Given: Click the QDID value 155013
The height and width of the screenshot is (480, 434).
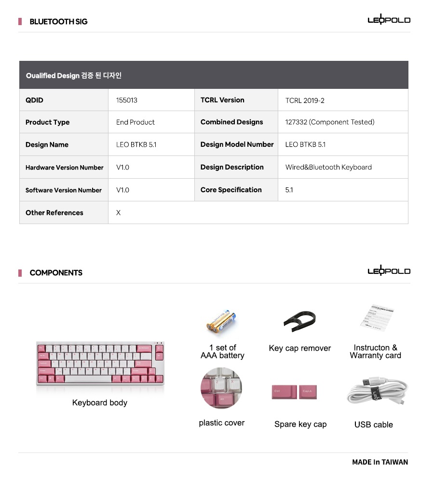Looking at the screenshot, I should [127, 100].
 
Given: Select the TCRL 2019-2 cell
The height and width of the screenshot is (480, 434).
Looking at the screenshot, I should [305, 100].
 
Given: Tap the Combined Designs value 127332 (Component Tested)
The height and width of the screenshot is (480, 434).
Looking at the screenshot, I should [329, 122].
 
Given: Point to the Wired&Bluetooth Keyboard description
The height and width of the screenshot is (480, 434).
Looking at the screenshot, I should [328, 167].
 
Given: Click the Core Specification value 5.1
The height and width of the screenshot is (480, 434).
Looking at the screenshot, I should [289, 190].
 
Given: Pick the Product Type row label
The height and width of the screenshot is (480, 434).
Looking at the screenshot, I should [47, 122].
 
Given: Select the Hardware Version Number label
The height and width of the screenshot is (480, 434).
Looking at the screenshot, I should [64, 168].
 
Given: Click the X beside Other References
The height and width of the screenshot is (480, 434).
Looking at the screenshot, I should [118, 212].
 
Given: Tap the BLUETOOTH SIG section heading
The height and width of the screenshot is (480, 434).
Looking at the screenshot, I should [58, 21].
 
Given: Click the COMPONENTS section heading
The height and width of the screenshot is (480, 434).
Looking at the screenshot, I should [56, 273].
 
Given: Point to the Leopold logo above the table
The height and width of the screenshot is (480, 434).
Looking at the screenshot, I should [389, 20].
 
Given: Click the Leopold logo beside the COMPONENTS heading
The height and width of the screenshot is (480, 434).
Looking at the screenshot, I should [389, 271].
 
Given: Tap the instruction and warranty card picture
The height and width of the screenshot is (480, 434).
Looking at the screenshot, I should [377, 319].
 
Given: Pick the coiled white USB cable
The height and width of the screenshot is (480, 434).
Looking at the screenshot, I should [376, 392].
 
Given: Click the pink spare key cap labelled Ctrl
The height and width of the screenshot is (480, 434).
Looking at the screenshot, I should [283, 391].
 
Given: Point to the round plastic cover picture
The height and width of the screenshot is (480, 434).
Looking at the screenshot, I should [221, 388].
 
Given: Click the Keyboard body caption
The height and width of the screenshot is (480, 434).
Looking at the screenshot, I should [100, 403].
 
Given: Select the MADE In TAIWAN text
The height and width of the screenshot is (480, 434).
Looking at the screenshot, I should [380, 462].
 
